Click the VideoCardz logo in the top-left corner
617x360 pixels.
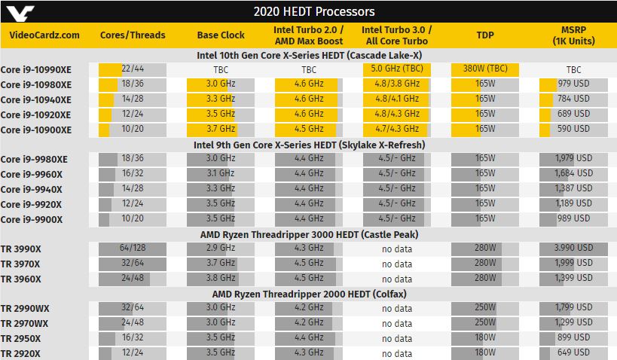20,13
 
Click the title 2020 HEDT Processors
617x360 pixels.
314,12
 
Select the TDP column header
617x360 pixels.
485,35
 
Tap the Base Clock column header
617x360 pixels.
221,35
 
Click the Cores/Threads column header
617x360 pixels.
133,35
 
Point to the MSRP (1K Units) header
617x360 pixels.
573,35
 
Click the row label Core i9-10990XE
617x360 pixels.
36,69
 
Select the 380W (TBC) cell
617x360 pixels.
485,69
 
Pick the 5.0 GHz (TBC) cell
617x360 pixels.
396,69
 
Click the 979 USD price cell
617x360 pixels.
573,84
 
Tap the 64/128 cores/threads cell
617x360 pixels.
133,249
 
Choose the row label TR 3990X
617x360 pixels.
21,249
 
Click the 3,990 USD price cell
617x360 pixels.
573,249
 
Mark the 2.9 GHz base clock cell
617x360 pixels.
221,249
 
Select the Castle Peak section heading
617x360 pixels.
310,234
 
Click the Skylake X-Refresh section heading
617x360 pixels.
310,145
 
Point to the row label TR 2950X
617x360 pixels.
20,339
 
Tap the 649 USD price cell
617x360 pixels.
573,353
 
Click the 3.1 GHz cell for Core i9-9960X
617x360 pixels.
221,174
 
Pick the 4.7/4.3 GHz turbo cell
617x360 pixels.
396,130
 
